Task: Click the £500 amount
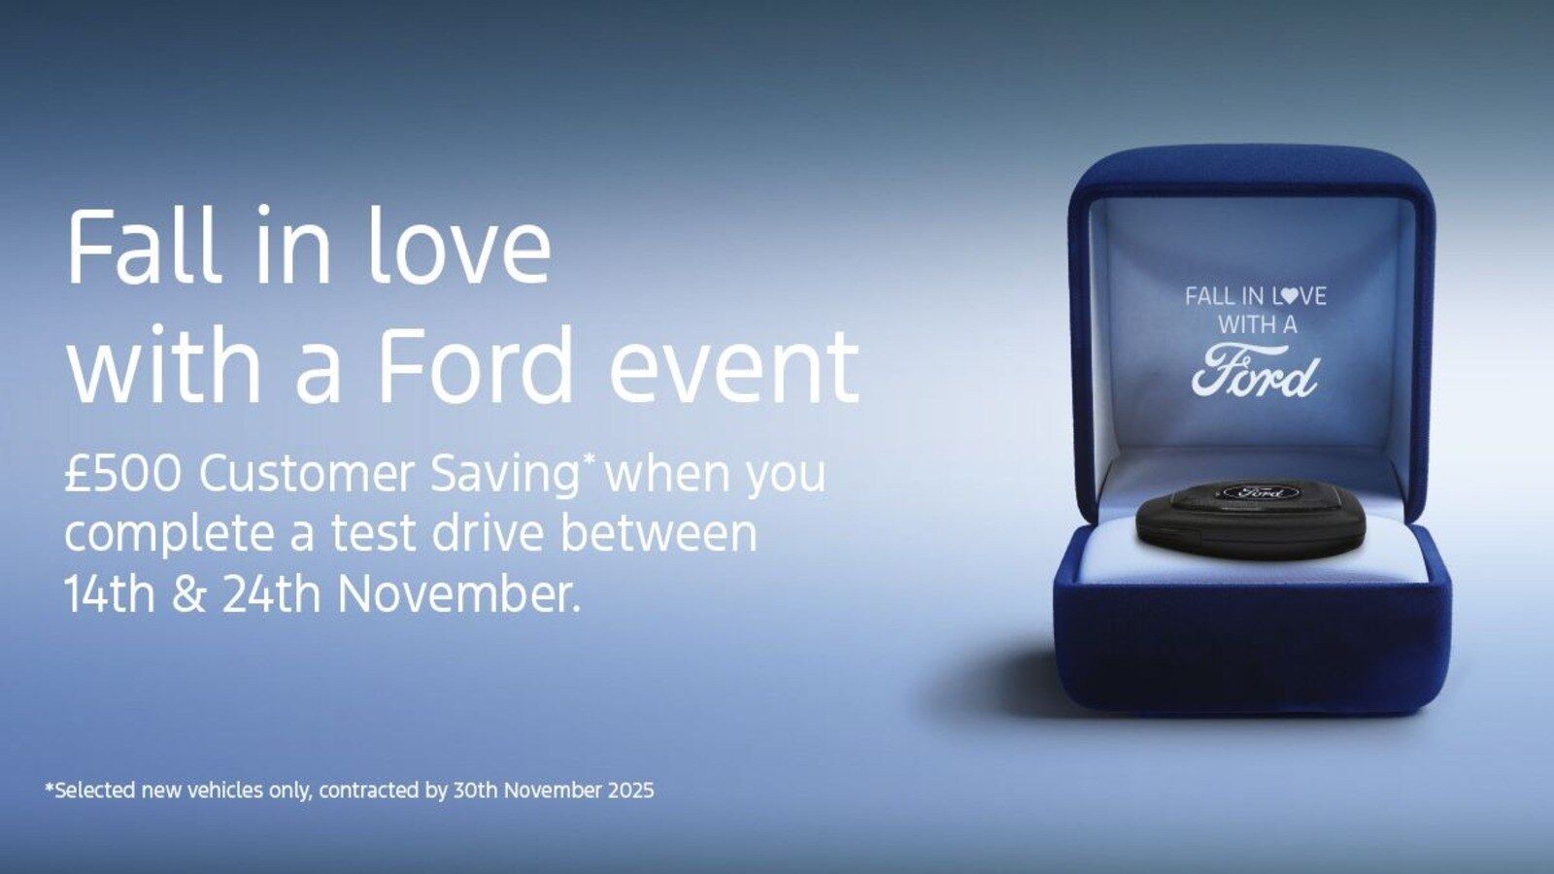(122, 474)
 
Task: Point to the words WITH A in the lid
(1257, 324)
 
